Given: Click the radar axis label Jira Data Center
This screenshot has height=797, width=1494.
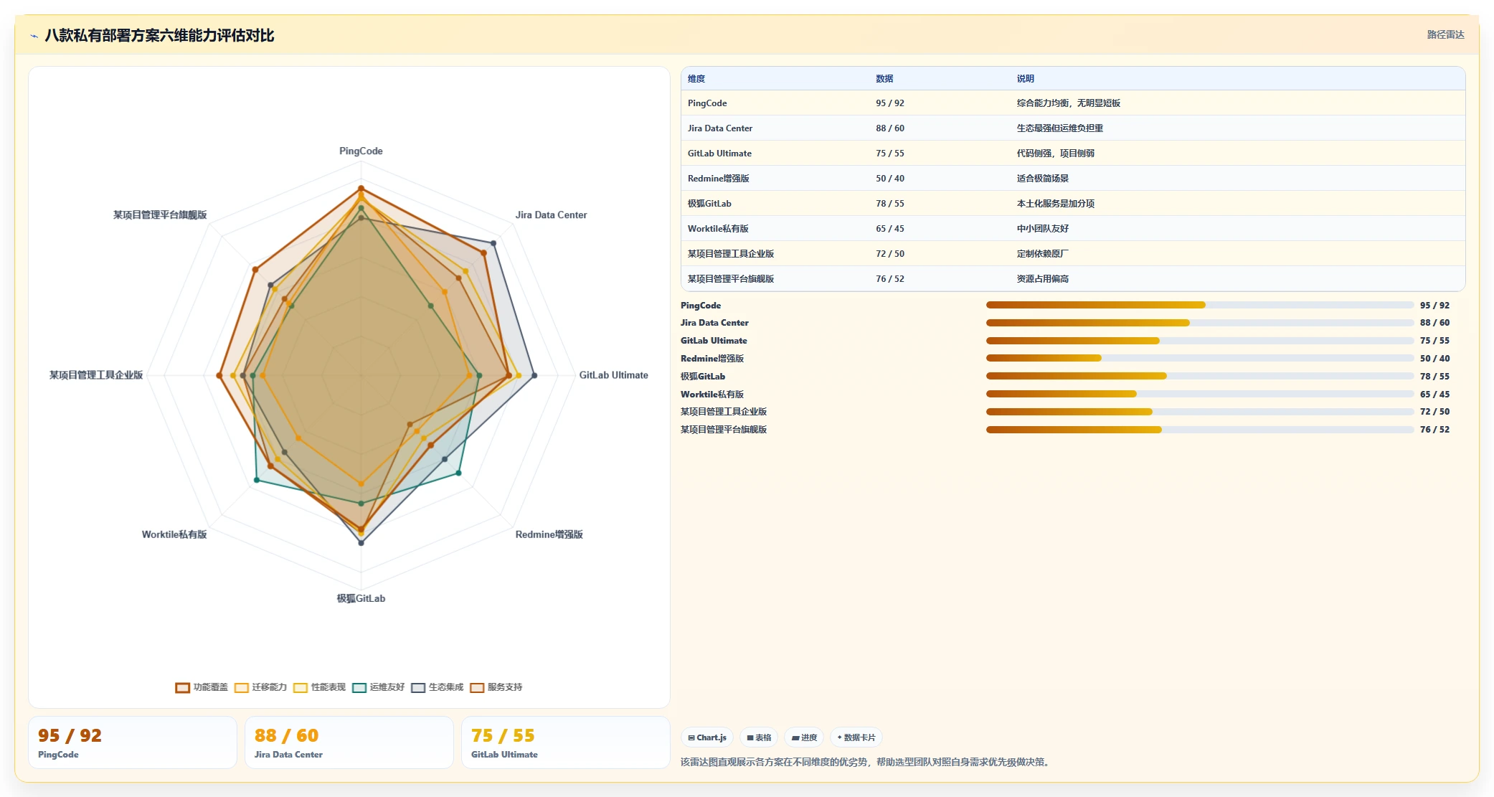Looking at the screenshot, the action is coord(551,214).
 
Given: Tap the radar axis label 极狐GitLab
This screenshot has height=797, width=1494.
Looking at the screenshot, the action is coord(361,598).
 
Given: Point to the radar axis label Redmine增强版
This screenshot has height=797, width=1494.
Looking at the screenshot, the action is coord(549,534).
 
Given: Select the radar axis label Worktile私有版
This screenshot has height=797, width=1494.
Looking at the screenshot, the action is coord(174,534).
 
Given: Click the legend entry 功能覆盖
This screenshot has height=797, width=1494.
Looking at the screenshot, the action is coord(202,687).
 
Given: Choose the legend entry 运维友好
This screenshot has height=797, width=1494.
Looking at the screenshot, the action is coord(379,687).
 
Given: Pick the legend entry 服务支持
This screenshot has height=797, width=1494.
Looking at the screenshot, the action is coord(496,687).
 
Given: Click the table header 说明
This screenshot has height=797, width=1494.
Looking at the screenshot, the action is coord(1025,79).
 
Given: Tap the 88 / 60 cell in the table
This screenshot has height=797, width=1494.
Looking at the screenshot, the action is coord(889,128).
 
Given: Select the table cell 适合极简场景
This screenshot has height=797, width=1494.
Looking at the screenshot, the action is coord(1042,179).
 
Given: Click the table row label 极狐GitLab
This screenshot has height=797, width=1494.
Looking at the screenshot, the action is coord(709,204).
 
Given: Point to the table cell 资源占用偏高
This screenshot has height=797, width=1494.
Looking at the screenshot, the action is coord(1042,279).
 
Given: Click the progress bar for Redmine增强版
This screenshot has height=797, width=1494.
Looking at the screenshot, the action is coord(1199,358).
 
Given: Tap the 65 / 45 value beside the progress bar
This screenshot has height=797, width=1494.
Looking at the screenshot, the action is coord(1434,395).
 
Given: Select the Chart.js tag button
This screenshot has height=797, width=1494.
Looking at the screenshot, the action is coord(707,737).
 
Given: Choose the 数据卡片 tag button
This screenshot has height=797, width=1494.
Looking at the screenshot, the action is coord(856,737).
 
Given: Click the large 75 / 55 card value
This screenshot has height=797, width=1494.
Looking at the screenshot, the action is coord(503,735).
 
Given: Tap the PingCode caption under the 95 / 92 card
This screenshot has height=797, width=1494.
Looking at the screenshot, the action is coord(58,755).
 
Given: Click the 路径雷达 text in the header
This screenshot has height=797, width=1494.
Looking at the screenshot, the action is coord(1445,34).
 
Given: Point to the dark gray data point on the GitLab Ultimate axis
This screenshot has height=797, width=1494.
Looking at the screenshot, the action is coord(534,375).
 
